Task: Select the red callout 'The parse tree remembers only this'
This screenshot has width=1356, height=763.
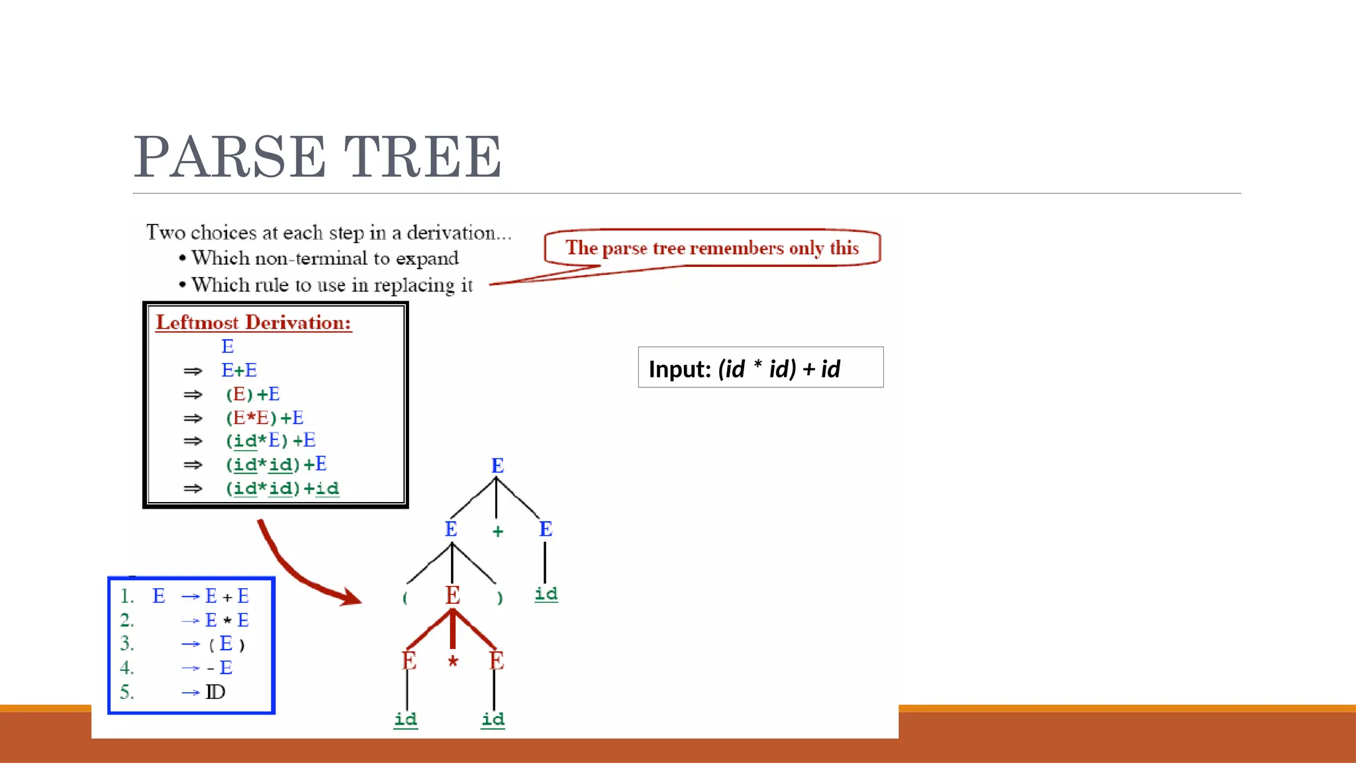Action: (712, 248)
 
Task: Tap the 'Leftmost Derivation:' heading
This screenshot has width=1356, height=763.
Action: (254, 323)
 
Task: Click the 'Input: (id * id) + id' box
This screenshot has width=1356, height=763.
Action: (760, 368)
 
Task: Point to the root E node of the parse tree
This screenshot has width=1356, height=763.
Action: (497, 466)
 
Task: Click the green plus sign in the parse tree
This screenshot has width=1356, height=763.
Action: (498, 531)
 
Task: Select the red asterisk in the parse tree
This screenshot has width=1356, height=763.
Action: (453, 660)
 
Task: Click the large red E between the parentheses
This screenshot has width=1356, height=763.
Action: (452, 595)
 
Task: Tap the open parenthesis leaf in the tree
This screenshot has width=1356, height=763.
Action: (405, 597)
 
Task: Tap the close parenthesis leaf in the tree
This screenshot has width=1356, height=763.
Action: (500, 597)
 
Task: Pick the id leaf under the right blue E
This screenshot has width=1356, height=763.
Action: (546, 593)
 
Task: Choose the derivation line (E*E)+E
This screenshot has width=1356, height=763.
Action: (264, 418)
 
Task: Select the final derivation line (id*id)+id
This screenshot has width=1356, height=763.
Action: (282, 489)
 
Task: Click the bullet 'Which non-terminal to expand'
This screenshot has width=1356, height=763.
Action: (324, 258)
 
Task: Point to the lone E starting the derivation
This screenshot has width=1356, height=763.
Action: (227, 346)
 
